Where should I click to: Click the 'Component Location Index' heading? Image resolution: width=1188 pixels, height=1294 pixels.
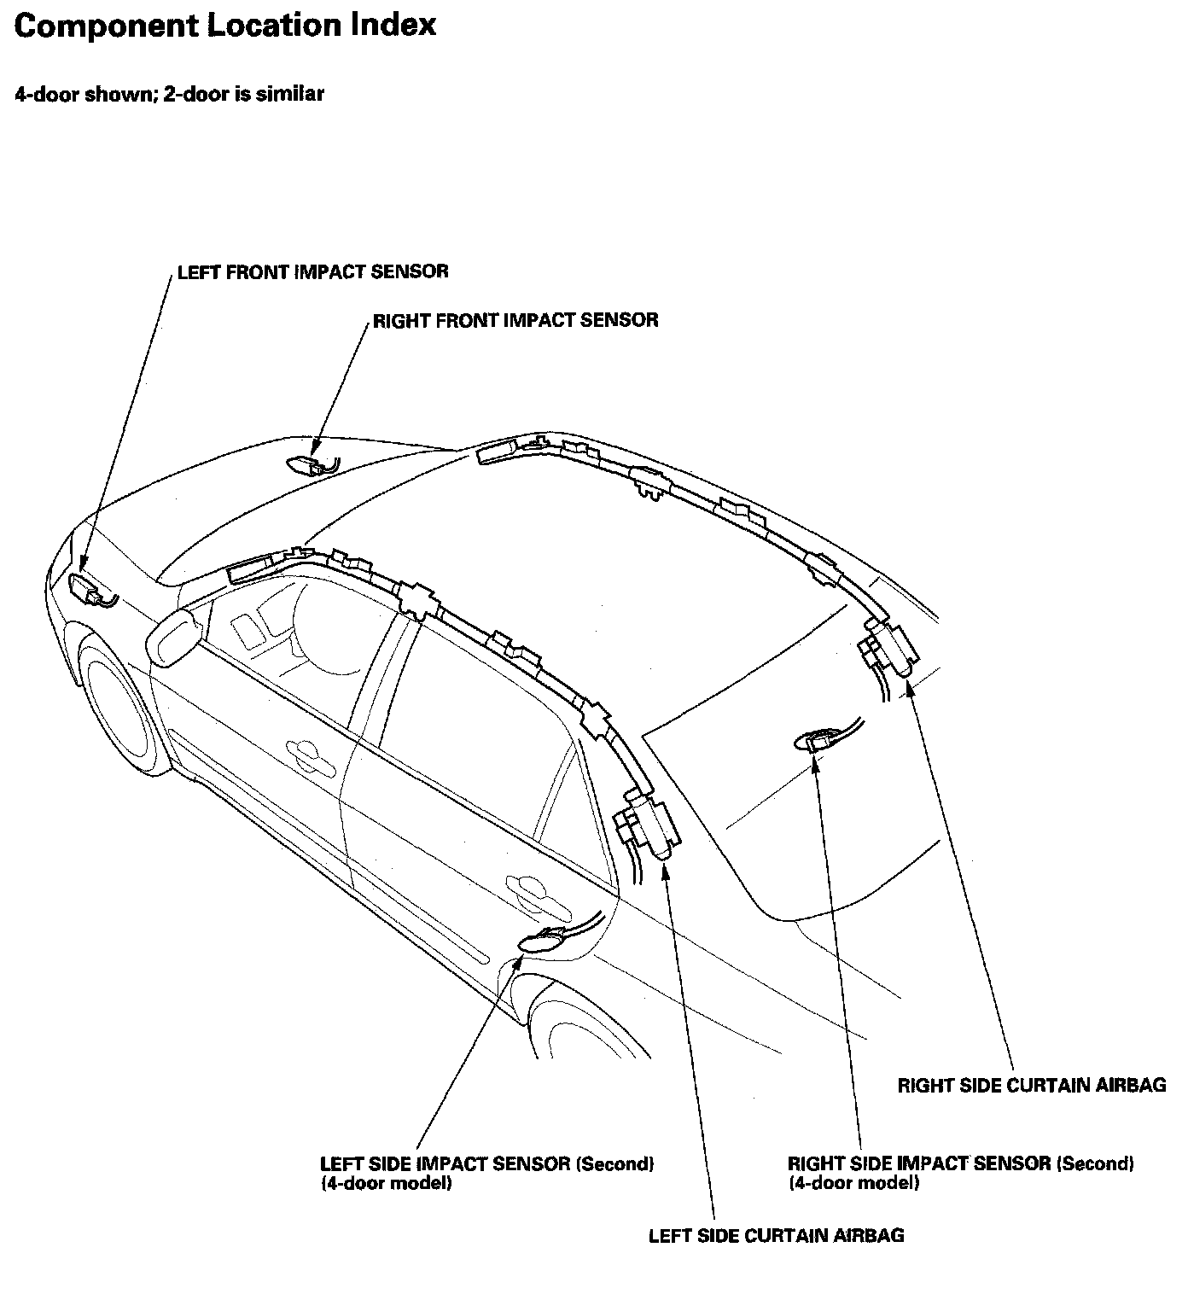tap(225, 26)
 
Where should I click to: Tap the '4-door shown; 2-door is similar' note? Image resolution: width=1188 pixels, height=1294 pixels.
tap(169, 94)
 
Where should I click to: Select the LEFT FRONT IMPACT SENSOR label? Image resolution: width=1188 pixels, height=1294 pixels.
tap(312, 271)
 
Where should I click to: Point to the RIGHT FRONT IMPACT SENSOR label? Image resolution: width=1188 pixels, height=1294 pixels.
tap(515, 320)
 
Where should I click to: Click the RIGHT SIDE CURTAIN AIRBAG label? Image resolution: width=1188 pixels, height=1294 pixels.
tap(1032, 1085)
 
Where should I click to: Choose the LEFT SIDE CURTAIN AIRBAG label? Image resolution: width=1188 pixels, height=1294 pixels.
tap(776, 1235)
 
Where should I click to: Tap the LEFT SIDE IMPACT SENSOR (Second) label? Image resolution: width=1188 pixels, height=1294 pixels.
tap(486, 1164)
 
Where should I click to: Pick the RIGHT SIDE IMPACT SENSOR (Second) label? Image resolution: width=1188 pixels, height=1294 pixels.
tap(960, 1164)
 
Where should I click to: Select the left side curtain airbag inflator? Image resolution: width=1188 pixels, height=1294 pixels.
tap(649, 825)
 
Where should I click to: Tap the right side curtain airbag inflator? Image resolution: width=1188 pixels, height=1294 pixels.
tap(889, 648)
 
